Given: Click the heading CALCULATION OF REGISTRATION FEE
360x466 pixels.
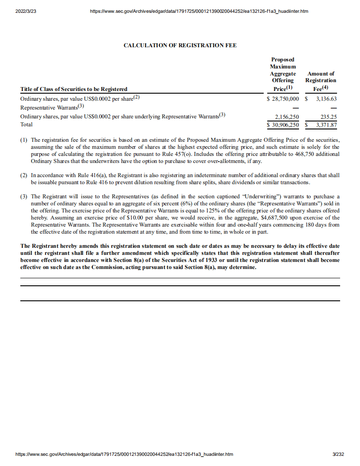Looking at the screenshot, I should pyautogui.click(x=180, y=45).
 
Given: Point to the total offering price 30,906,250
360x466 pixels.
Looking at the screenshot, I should pyautogui.click(x=285, y=125).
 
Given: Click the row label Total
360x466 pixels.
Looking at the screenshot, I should pyautogui.click(x=27, y=125).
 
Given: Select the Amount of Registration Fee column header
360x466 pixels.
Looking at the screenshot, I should pyautogui.click(x=321, y=80).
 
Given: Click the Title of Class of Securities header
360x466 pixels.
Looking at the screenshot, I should pyautogui.click(x=74, y=89).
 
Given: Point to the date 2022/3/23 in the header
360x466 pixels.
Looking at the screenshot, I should pyautogui.click(x=26, y=11).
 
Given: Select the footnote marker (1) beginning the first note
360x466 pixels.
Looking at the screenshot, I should pyautogui.click(x=24, y=140).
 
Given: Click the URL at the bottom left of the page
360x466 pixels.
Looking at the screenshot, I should pyautogui.click(x=124, y=454).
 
